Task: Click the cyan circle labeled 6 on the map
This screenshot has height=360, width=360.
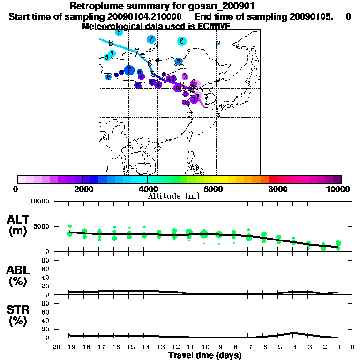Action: [181, 41]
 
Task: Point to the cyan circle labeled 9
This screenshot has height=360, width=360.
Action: [107, 58]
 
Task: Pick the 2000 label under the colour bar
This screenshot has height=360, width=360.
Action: [82, 189]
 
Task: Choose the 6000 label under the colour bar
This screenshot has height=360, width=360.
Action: [212, 189]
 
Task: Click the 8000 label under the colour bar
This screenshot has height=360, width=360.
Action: [277, 189]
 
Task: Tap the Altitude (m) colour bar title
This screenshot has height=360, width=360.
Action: [173, 196]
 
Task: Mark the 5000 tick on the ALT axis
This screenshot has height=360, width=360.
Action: [41, 227]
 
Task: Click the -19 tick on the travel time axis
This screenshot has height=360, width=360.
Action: [69, 347]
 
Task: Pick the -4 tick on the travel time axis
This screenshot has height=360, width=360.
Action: [293, 347]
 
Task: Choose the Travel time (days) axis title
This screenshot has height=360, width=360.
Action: [205, 356]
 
